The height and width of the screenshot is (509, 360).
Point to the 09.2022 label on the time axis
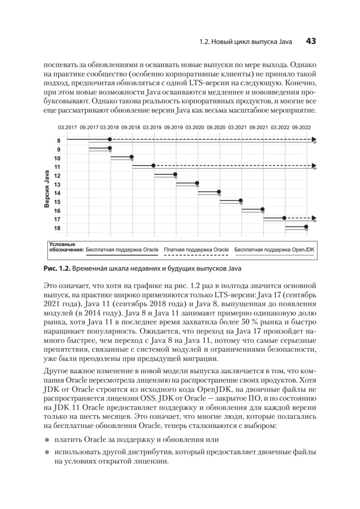tap(302, 127)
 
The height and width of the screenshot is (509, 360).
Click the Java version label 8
tap(59, 141)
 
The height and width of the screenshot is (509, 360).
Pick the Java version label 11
tap(58, 167)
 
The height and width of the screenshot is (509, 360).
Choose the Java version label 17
tap(58, 219)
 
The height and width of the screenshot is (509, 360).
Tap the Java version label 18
tap(58, 228)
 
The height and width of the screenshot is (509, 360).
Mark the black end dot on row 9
tap(110, 148)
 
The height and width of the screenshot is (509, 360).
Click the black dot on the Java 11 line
tap(153, 165)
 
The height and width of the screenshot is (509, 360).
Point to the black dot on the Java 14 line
tap(219, 192)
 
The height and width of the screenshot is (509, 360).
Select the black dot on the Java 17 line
tap(284, 218)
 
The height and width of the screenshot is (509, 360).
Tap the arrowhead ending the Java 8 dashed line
tap(314, 139)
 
